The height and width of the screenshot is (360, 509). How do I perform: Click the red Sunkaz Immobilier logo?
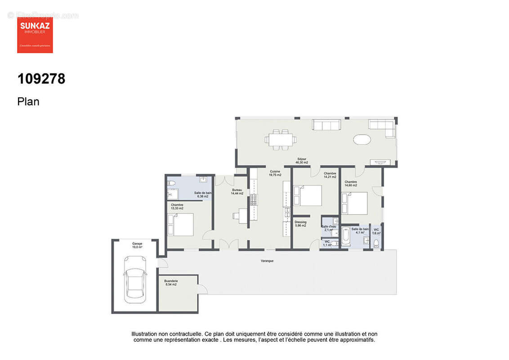(35, 35)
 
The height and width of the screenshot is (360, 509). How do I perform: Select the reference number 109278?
(41, 79)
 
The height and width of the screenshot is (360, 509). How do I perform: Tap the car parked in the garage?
(135, 276)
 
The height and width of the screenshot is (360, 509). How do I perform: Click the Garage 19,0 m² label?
(137, 245)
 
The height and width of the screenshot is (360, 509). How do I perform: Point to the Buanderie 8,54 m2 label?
(170, 283)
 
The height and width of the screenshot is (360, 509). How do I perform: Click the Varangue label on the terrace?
(267, 261)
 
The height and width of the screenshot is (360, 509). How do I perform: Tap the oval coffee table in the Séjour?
(362, 139)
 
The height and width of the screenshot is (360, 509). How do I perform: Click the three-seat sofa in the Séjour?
(327, 125)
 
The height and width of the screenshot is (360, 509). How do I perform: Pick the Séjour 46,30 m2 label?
(302, 161)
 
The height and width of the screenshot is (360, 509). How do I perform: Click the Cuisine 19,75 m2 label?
(275, 173)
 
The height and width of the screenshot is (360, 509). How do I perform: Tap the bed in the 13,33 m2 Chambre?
(181, 224)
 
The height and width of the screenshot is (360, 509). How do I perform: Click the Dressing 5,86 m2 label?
(300, 224)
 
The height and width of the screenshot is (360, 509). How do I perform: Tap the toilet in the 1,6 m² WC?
(376, 243)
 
